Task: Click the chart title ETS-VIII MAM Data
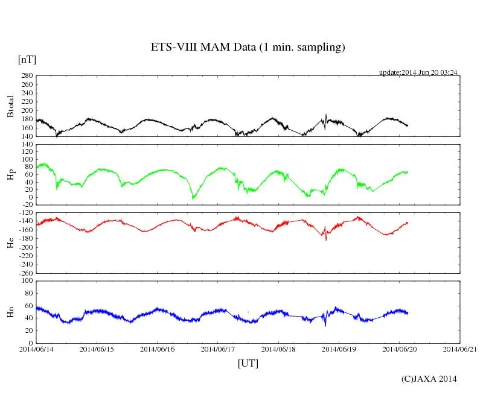[248, 48]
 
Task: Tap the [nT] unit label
[27, 60]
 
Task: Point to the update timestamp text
[418, 72]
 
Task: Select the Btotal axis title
[10, 106]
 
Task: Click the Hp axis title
[10, 175]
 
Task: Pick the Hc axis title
[10, 243]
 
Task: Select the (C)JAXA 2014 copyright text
[429, 379]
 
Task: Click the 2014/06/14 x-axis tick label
[36, 349]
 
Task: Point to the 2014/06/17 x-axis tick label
[218, 349]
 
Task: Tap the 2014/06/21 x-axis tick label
[460, 349]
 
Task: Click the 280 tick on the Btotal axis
[27, 76]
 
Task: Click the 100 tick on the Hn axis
[27, 280]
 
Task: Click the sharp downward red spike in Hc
[326, 239]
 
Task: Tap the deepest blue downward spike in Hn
[325, 325]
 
